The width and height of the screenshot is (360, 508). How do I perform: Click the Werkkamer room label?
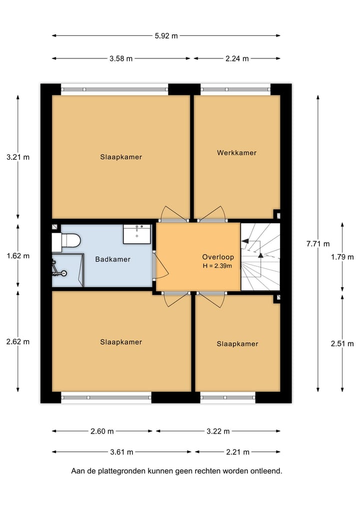236,152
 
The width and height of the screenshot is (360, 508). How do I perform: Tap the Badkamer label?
112,259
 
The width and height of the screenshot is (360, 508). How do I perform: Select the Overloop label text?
217,257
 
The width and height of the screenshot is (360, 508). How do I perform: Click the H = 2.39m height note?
217,266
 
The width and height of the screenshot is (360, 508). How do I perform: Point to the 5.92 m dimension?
166,35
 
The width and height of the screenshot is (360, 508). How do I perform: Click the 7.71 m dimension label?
318,244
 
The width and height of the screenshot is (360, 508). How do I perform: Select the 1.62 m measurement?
18,256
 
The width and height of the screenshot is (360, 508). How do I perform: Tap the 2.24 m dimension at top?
237,58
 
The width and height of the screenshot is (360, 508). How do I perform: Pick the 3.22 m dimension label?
218,431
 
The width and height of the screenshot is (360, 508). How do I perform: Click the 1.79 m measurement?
342,257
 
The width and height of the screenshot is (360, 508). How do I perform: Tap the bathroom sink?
136,233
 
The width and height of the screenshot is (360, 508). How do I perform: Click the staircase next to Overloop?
260,257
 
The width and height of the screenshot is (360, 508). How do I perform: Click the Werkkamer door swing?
211,214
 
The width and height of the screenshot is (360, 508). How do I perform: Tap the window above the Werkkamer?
235,89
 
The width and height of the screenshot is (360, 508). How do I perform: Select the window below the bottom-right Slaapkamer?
227,398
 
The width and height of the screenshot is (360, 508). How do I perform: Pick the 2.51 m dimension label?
342,343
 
